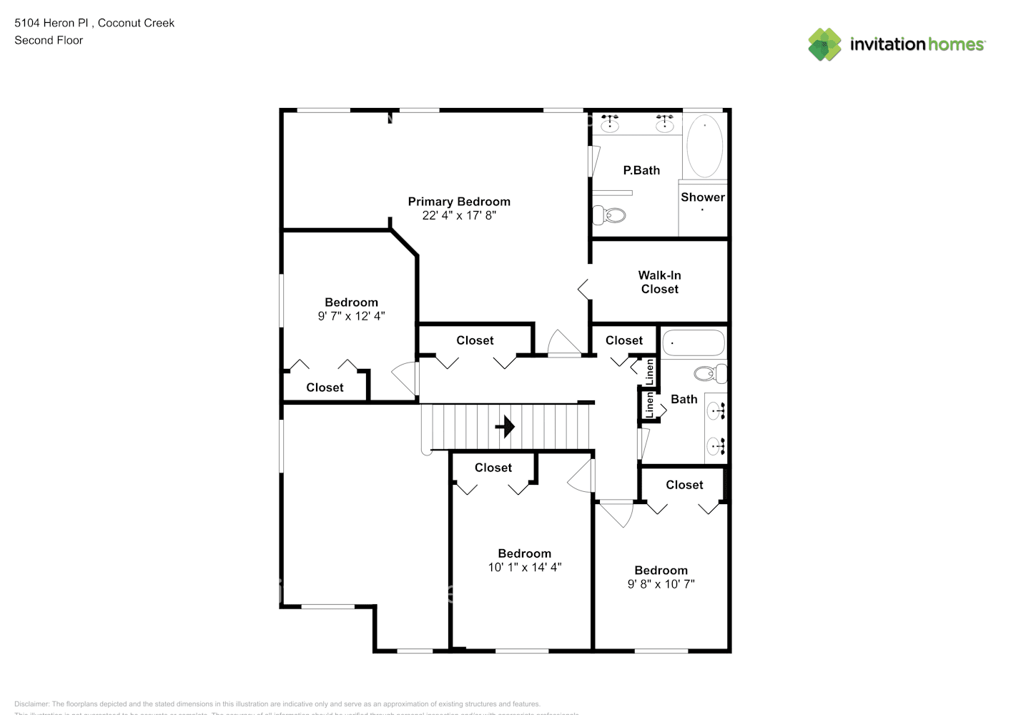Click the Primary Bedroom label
coord(459,202)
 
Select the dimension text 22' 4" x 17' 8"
coord(459,215)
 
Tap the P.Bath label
coord(641,170)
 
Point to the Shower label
coord(702,197)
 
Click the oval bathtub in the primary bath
coord(704,146)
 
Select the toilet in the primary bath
coord(610,214)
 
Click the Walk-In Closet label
coord(659,282)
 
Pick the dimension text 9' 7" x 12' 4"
coord(351,316)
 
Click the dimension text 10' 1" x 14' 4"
coord(525,567)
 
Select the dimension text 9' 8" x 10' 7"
coord(661,584)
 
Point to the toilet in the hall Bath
coord(710,373)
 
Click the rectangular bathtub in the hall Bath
coord(694,343)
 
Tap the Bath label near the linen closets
coord(684,400)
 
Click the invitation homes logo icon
coord(824,44)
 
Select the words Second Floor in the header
coord(49,40)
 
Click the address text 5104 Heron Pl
coord(51,23)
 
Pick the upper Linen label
coord(649,371)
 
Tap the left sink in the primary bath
coord(610,125)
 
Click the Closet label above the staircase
coord(475,340)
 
